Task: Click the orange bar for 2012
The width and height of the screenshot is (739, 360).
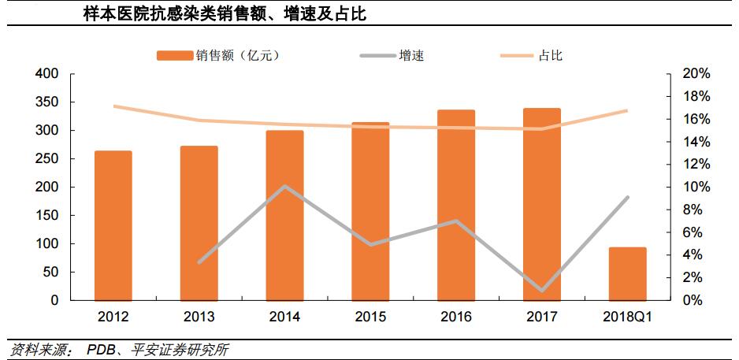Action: pyautogui.click(x=113, y=225)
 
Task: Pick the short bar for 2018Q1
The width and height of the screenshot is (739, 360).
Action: pyautogui.click(x=628, y=273)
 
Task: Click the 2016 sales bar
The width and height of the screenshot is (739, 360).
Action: pyautogui.click(x=456, y=205)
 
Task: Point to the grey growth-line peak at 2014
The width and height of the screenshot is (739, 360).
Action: pyautogui.click(x=284, y=187)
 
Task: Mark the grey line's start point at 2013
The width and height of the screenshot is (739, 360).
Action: pyautogui.click(x=199, y=262)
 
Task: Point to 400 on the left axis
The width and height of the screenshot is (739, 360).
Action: pyautogui.click(x=48, y=74)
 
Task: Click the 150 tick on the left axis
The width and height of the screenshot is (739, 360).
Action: pyautogui.click(x=48, y=216)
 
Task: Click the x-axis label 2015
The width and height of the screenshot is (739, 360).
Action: pyautogui.click(x=370, y=317)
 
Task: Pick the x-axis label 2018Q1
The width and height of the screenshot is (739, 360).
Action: pyautogui.click(x=628, y=317)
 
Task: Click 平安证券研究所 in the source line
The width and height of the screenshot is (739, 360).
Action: pyautogui.click(x=182, y=349)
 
